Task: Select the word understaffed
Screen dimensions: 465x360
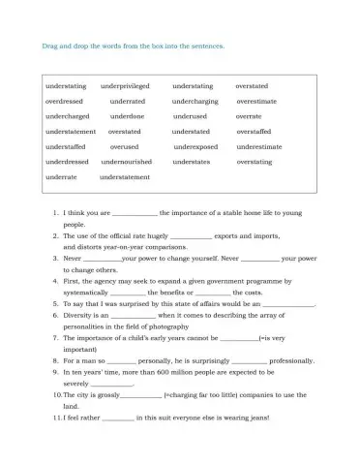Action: tap(67, 146)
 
